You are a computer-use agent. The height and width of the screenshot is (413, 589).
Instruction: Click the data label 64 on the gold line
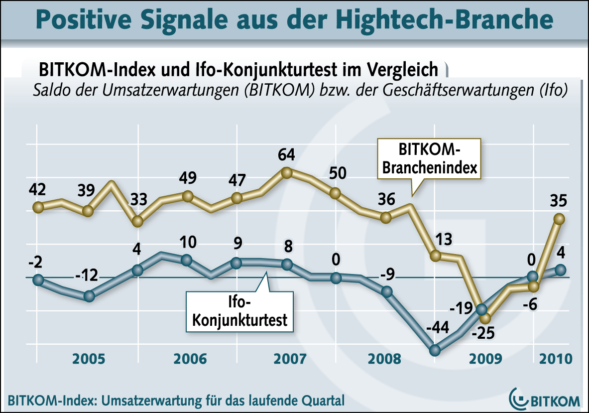coord(286,154)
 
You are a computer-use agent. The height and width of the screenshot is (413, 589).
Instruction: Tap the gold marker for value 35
coord(559,219)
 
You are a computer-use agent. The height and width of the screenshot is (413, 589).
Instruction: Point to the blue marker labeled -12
coord(89,296)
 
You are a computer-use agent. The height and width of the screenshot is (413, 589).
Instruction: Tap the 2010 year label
coord(555,359)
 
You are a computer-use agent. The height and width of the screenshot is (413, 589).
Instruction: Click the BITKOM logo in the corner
coord(545,399)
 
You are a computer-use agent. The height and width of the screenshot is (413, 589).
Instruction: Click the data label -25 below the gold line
coord(483,332)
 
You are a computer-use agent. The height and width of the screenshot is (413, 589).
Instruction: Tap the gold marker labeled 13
coord(436,256)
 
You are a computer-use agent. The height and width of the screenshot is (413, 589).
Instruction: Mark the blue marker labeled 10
coord(186,260)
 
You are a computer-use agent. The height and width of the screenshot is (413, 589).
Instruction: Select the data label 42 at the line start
coord(37,190)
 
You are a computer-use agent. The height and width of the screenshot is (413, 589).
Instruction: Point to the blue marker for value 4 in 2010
coord(561,270)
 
